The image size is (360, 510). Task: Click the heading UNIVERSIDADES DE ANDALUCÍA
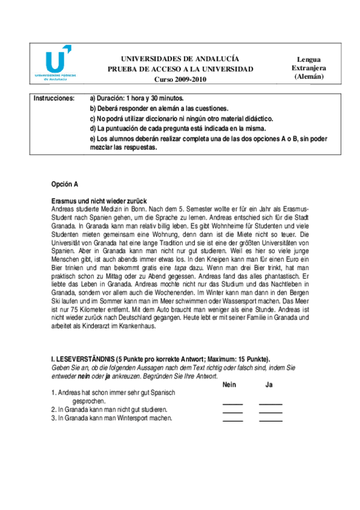pos(180,59)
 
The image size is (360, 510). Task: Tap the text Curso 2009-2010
pos(180,79)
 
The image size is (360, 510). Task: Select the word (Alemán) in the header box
pos(309,76)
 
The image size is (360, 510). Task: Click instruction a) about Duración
pos(136,97)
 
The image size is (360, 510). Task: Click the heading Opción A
pos(65,184)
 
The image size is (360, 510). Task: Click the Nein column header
pos(229,384)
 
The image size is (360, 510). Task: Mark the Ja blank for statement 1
pos(270,404)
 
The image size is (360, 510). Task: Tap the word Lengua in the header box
pos(308,60)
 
